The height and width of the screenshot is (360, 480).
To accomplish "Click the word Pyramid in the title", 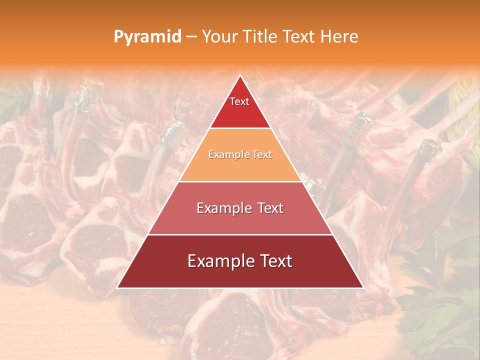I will click(147, 37).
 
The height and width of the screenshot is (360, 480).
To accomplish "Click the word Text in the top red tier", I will click(239, 101).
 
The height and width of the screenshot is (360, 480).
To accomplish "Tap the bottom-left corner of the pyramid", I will click(117, 288).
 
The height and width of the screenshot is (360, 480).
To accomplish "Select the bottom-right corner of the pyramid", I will click(363, 288).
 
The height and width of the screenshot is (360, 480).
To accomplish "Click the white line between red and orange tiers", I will click(240, 128).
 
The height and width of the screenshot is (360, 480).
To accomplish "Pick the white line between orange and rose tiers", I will click(240, 181).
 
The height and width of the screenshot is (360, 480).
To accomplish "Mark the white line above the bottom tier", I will click(240, 234).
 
